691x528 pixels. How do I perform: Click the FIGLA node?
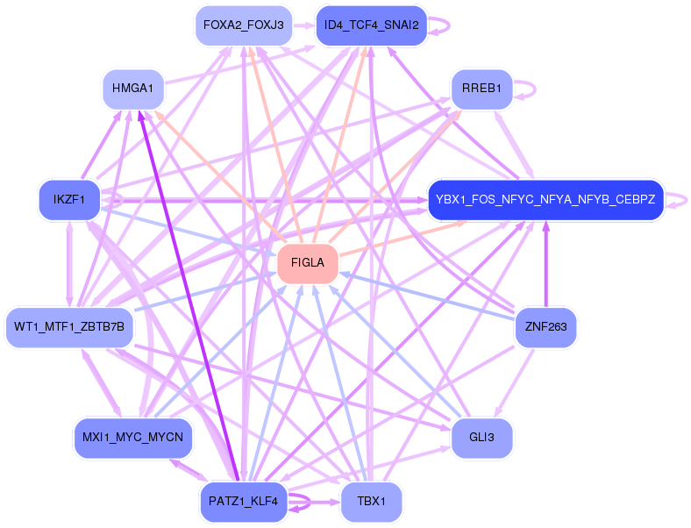(x=308, y=263)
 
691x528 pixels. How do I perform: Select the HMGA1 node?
(x=133, y=89)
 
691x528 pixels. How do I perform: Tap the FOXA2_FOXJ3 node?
(x=243, y=25)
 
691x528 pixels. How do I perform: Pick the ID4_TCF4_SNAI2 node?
(x=371, y=25)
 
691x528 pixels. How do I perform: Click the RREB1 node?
(x=481, y=89)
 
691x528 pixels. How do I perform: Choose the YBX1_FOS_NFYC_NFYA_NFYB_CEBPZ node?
(x=545, y=200)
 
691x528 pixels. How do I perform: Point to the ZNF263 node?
(x=545, y=327)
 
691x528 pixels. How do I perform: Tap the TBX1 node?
(x=371, y=503)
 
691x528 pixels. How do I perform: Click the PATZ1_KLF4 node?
(x=243, y=503)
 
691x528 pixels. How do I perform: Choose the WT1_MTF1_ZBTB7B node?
(x=69, y=327)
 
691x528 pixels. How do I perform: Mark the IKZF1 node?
(x=69, y=200)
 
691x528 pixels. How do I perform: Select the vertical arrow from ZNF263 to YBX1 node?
(x=545, y=263)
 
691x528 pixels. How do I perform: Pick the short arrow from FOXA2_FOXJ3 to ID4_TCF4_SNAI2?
(x=305, y=25)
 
